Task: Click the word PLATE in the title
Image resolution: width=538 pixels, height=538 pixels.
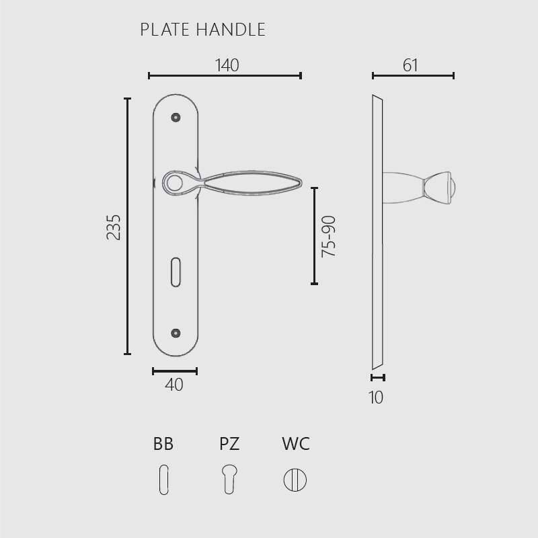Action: [x=165, y=30]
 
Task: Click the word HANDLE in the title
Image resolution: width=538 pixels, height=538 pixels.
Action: [x=231, y=30]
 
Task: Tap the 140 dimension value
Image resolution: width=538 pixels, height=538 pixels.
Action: [x=227, y=65]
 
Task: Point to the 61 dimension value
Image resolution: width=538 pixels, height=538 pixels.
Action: [x=410, y=65]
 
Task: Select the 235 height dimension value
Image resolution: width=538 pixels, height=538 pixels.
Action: [x=114, y=227]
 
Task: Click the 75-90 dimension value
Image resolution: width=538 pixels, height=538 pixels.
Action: [x=328, y=237]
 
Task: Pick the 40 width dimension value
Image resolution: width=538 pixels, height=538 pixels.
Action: [x=174, y=385]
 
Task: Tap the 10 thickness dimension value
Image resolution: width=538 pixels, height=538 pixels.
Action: [x=376, y=397]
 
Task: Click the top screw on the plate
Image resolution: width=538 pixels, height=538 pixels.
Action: [x=176, y=117]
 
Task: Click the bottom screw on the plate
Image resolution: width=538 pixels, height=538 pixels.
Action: [x=176, y=333]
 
